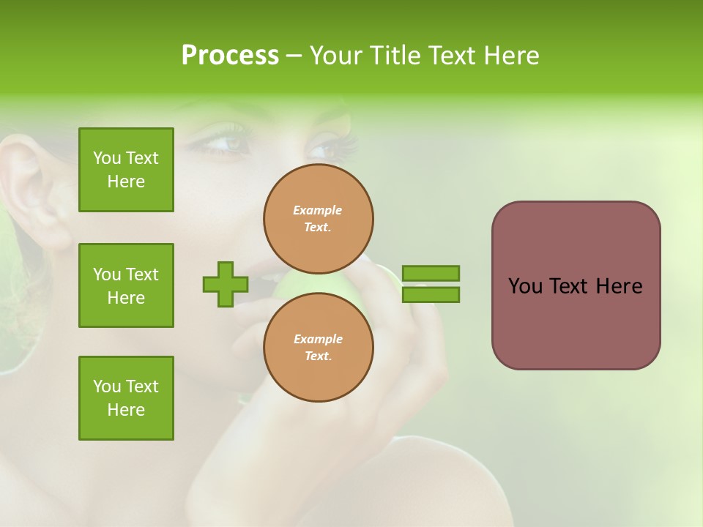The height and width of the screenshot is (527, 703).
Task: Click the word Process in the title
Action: coord(230,56)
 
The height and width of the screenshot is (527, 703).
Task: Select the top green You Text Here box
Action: coord(126,170)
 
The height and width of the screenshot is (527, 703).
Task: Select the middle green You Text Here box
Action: coord(126,285)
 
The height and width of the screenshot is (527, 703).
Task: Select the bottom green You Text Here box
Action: coord(126,398)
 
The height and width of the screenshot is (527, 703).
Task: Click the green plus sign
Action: coord(226,284)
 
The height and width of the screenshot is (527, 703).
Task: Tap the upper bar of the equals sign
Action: coord(431,273)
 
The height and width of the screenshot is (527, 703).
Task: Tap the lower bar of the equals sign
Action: coord(431,295)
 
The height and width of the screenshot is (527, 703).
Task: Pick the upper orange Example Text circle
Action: coord(319,219)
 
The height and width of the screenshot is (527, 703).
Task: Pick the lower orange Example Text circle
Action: coord(319,348)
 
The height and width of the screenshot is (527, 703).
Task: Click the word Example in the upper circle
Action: coord(318,211)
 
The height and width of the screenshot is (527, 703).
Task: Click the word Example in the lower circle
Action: coord(318,340)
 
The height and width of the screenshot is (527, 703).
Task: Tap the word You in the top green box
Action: coord(107,158)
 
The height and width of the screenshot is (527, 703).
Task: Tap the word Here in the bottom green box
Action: coord(126,410)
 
